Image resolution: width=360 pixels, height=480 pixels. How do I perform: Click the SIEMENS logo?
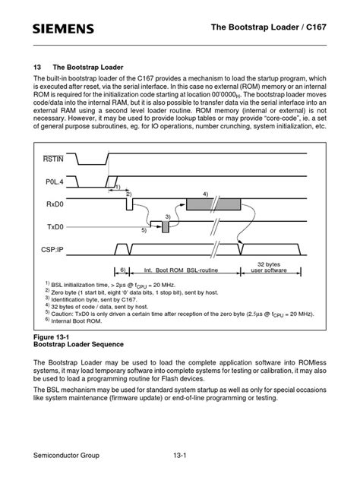pyautogui.click(x=63, y=29)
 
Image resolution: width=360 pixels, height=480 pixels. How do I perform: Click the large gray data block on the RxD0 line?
pyautogui.click(x=213, y=204)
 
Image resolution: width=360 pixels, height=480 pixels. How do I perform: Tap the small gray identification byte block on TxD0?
pyautogui.click(x=166, y=227)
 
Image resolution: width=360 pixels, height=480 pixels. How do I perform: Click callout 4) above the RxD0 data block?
pyautogui.click(x=205, y=194)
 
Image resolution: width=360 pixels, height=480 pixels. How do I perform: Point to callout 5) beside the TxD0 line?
pyautogui.click(x=143, y=231)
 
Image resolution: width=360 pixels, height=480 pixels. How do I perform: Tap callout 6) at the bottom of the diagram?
pyautogui.click(x=122, y=270)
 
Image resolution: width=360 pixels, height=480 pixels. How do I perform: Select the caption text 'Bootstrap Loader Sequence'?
pyautogui.click(x=78, y=344)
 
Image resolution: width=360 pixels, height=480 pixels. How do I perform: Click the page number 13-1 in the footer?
pyautogui.click(x=179, y=455)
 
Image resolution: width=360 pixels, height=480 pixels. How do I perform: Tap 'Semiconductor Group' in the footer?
pyautogui.click(x=67, y=455)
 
